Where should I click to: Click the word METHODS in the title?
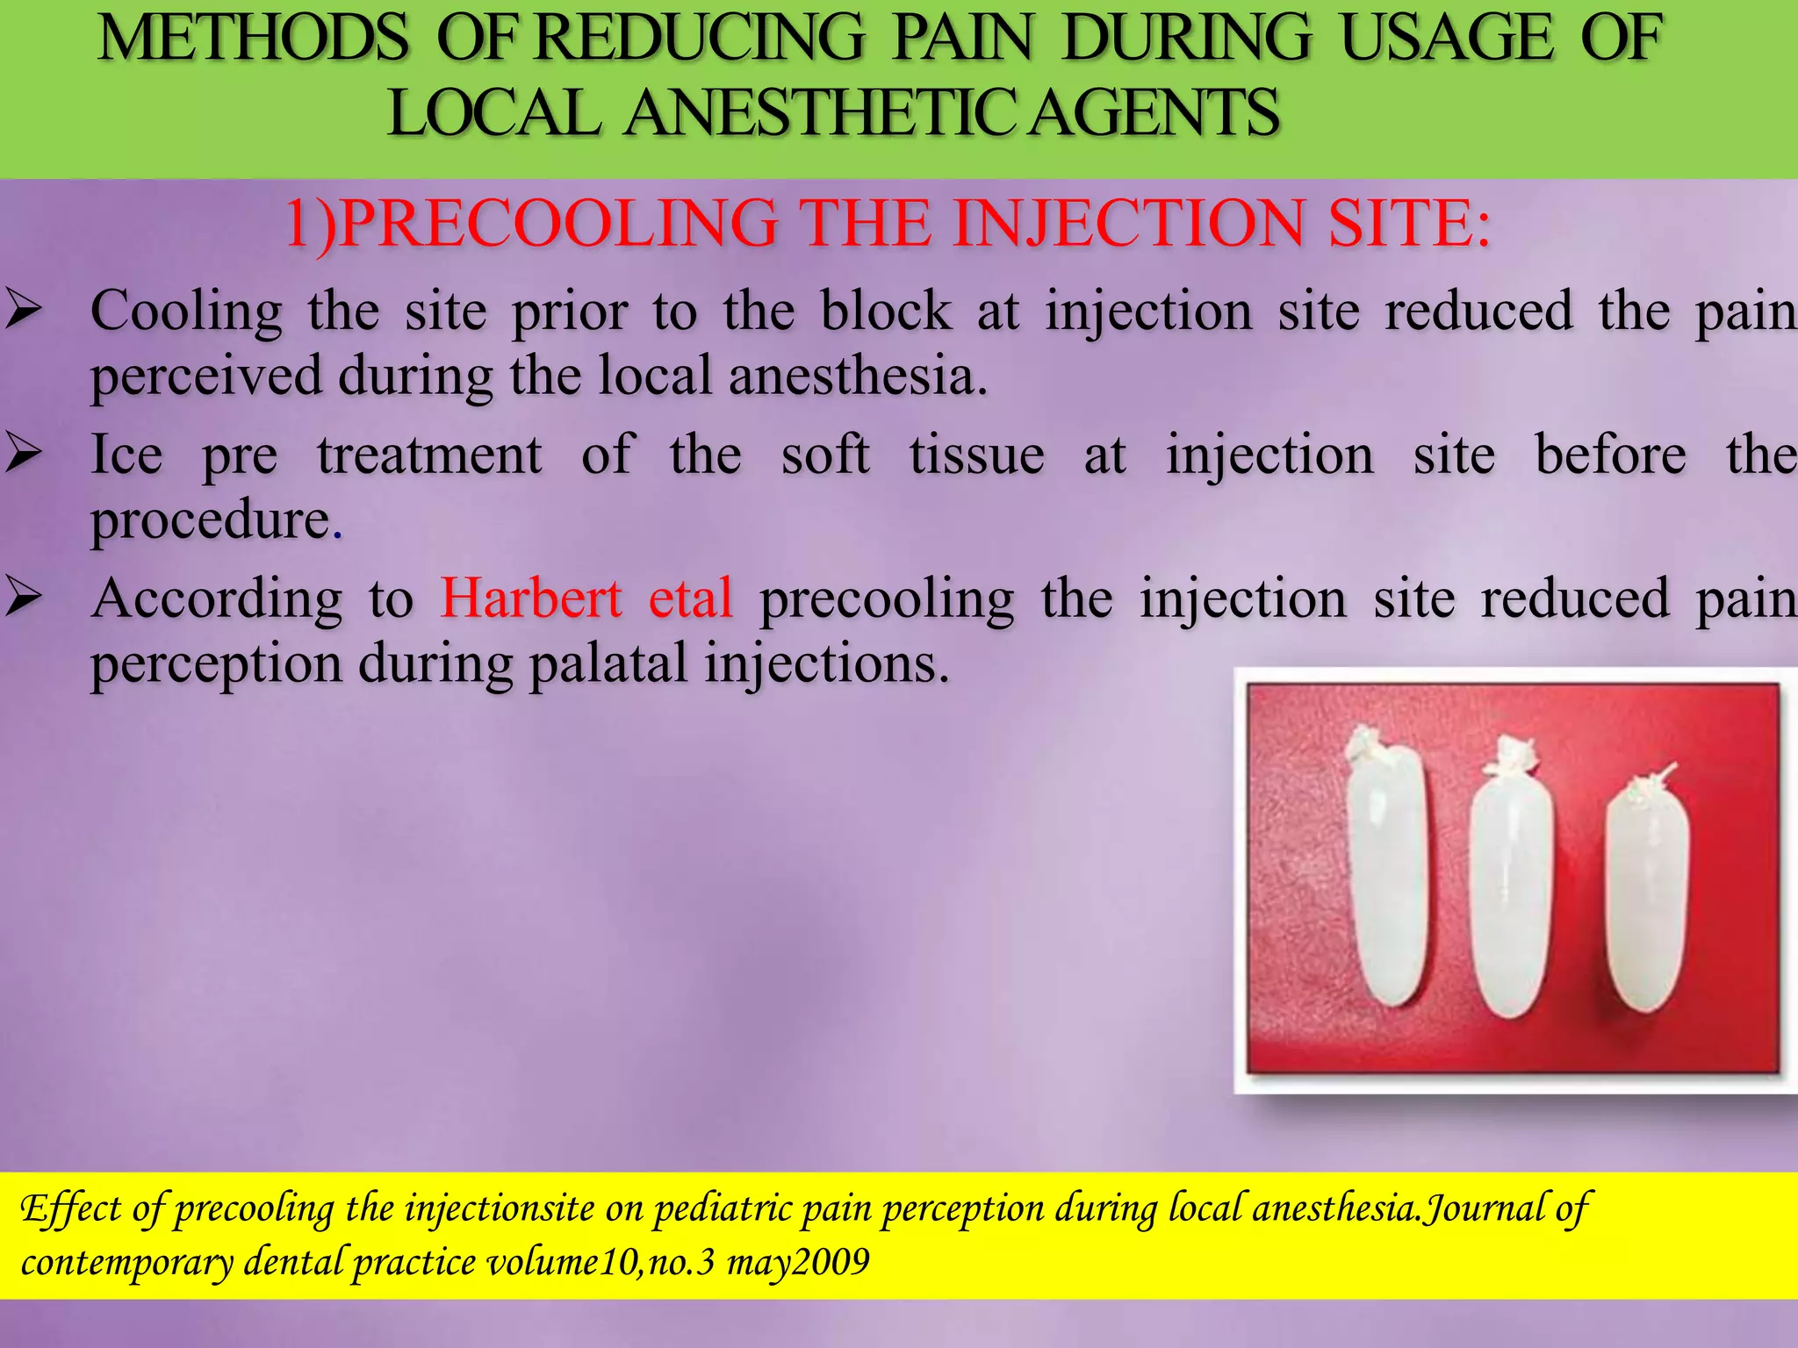pos(253,39)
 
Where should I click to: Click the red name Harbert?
pos(531,599)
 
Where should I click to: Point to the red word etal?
pos(690,599)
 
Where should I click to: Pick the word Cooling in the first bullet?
pos(186,312)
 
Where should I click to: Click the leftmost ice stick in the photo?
pos(1386,878)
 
